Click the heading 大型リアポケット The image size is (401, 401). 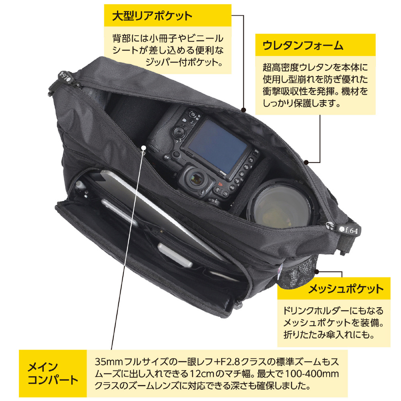click(152, 16)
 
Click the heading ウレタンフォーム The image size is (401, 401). click(303, 45)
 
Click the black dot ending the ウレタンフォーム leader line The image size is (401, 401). click(306, 162)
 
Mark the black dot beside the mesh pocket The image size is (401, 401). click(316, 271)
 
